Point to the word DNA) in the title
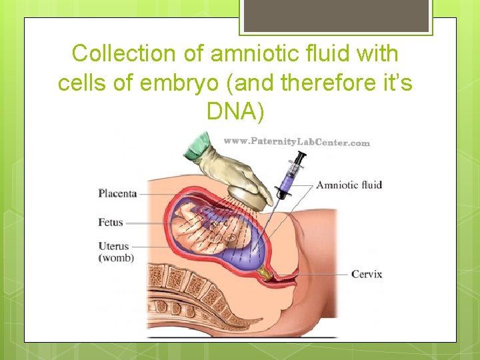tap(235, 112)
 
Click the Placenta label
tap(117, 194)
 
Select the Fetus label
tap(111, 222)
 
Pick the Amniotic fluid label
tap(349, 185)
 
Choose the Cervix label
tap(366, 274)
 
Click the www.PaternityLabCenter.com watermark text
tap(296, 142)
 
